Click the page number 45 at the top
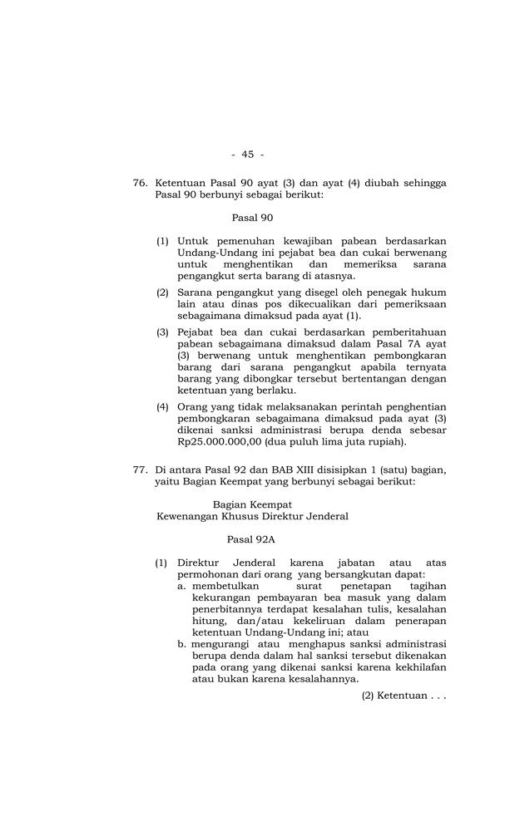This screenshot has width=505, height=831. pos(247,154)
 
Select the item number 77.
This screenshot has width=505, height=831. pos(140,470)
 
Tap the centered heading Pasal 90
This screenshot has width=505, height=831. pos(252,218)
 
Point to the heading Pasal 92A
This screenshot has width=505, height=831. pos(250,538)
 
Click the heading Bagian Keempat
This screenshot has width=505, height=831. pos(252,504)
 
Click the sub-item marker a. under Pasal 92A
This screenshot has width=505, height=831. pos(183,586)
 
